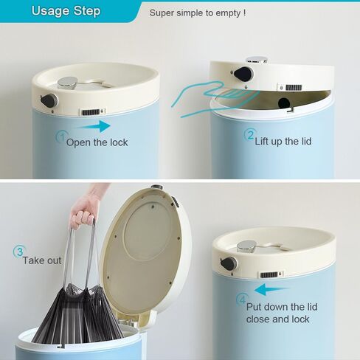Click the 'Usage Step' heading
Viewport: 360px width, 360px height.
pos(66,11)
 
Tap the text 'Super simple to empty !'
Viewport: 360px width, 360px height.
pos(198,13)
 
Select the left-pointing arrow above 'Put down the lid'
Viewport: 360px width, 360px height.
pos(271,289)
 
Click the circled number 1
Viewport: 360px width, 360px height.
pos(62,136)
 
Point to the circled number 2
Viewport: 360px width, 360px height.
pos(250,135)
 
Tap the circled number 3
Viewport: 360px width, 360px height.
pos(19,252)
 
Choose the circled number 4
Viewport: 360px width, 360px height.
pos(242,300)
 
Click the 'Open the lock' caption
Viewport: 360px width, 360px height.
pos(97,142)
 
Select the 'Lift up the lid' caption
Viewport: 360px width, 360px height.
pos(283,142)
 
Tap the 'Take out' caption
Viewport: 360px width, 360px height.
pos(42,260)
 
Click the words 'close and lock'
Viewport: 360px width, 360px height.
pos(277,319)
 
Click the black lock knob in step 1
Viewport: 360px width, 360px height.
pos(49,101)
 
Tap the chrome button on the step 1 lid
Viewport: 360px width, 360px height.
pos(67,83)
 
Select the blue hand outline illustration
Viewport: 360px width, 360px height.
pos(215,98)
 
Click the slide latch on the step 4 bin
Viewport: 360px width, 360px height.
pos(271,274)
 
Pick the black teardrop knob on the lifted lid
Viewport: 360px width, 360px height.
pos(243,73)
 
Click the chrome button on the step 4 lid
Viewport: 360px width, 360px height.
pos(247,246)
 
